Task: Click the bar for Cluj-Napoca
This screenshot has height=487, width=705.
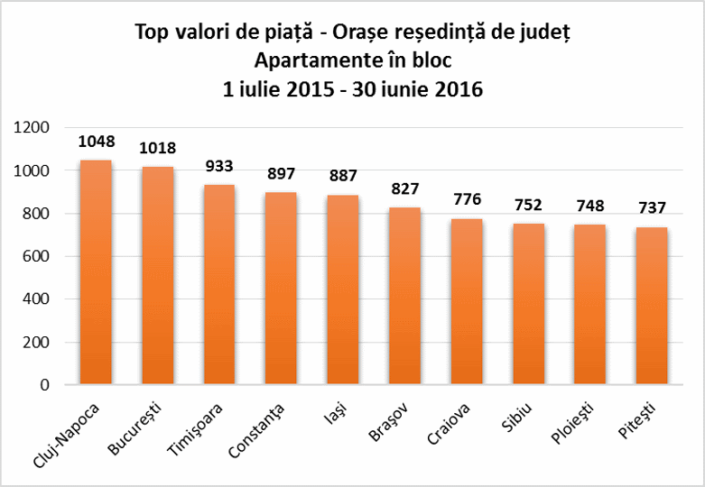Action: point(96,272)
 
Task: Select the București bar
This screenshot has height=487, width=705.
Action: point(157,275)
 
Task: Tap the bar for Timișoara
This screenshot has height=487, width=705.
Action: point(219,284)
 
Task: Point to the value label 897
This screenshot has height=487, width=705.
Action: point(282,173)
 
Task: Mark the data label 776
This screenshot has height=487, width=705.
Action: point(467,199)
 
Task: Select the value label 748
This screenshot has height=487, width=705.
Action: point(590,206)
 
